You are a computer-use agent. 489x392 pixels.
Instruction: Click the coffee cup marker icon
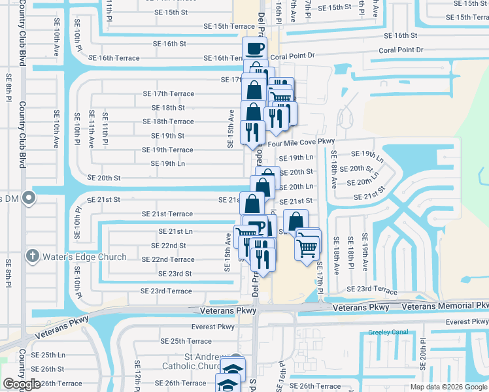255,48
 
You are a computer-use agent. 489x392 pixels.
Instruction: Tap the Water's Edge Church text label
84,257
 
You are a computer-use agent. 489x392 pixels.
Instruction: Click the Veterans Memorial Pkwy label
445,306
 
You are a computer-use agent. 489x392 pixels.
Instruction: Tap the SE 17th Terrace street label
169,93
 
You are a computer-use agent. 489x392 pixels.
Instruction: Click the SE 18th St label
168,108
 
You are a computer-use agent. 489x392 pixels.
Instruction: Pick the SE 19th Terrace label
163,150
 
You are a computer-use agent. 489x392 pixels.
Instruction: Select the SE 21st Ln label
176,231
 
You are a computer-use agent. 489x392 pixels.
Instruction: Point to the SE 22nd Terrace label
168,259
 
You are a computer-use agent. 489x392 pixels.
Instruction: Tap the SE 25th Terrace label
186,341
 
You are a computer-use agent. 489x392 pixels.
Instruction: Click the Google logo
21,384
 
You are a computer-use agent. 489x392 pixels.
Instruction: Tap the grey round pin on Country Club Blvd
27,197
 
